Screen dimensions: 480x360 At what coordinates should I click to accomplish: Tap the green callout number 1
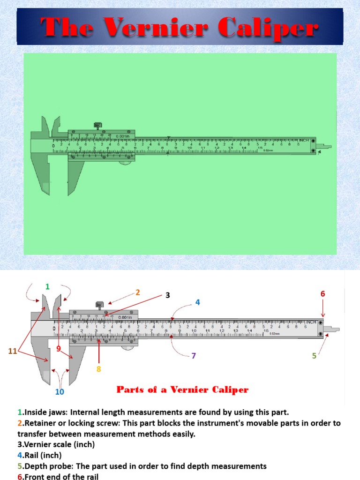pyautogui.click(x=47, y=286)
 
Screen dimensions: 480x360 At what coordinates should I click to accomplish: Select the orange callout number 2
pyautogui.click(x=138, y=292)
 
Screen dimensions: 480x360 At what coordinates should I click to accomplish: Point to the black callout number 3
pyautogui.click(x=167, y=295)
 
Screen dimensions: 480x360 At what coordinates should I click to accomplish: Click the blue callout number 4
pyautogui.click(x=198, y=302)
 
